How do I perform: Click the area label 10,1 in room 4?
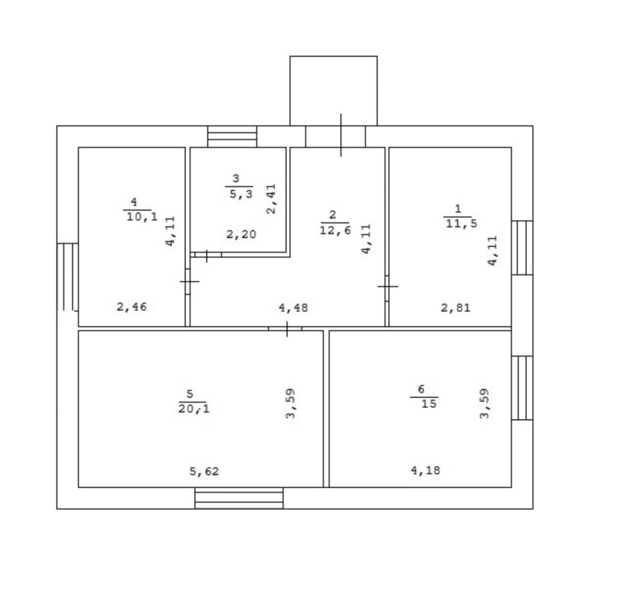click(x=142, y=217)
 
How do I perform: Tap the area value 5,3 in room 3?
click(x=241, y=194)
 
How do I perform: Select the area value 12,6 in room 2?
click(x=335, y=230)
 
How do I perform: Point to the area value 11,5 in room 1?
click(x=462, y=223)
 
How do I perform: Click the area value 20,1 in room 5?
click(x=194, y=409)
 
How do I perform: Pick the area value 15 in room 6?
click(x=429, y=404)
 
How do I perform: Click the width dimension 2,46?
click(x=132, y=307)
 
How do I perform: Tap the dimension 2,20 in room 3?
click(x=241, y=234)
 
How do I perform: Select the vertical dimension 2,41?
click(x=271, y=199)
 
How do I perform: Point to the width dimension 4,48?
click(x=293, y=308)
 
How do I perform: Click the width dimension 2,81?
click(x=455, y=308)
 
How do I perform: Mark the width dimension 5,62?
click(x=204, y=472)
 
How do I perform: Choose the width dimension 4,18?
click(x=426, y=470)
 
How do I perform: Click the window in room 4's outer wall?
click(x=68, y=277)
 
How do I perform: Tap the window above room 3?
click(x=232, y=137)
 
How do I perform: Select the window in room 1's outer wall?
click(x=522, y=248)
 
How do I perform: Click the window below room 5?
click(x=239, y=498)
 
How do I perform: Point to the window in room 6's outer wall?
click(x=522, y=388)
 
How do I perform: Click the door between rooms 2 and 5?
click(x=285, y=329)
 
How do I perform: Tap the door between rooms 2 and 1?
click(x=387, y=288)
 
